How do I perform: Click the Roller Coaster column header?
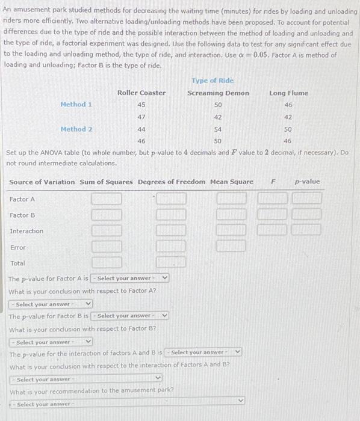pyautogui.click(x=141, y=93)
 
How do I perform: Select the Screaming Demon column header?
pyautogui.click(x=218, y=93)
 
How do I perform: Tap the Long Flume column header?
pyautogui.click(x=288, y=93)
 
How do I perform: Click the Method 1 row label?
pyautogui.click(x=76, y=105)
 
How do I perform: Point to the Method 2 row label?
pyautogui.click(x=76, y=129)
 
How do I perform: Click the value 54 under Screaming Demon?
pyautogui.click(x=218, y=129)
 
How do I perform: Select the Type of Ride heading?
pyautogui.click(x=213, y=81)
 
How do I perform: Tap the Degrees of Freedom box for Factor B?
pyautogui.click(x=171, y=215)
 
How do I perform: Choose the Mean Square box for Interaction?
pyautogui.click(x=231, y=230)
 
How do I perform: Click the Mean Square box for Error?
pyautogui.click(x=231, y=246)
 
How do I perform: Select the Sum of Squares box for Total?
pyautogui.click(x=107, y=262)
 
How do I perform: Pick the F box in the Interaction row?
pyautogui.click(x=273, y=230)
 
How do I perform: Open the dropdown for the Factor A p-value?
pyautogui.click(x=130, y=278)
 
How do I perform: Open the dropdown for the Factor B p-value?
pyautogui.click(x=130, y=316)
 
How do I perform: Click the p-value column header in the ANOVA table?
pyautogui.click(x=307, y=182)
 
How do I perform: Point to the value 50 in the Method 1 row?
pyautogui.click(x=218, y=105)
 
